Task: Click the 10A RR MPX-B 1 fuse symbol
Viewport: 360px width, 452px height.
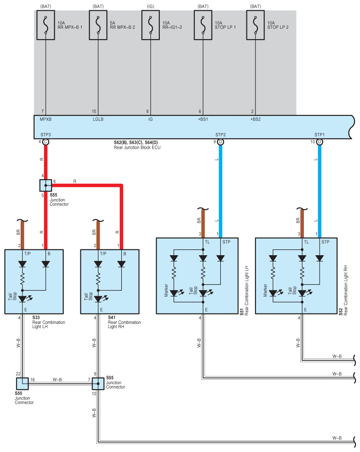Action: (x=45, y=25)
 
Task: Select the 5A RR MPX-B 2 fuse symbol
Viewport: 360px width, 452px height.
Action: (x=98, y=25)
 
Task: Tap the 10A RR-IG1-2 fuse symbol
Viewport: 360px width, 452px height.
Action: (x=150, y=25)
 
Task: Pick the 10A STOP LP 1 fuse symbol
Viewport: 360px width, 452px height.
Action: (x=203, y=25)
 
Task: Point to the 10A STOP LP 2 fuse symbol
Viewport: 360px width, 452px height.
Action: (x=255, y=25)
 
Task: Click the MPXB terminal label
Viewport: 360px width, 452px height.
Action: (x=45, y=120)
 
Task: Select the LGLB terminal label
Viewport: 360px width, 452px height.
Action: (x=98, y=120)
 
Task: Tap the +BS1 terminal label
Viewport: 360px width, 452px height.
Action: (x=203, y=120)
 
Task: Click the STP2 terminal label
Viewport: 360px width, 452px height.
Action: (x=220, y=135)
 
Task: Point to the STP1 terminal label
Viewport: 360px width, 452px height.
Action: (x=320, y=135)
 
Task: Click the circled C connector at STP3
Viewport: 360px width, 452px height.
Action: (x=45, y=142)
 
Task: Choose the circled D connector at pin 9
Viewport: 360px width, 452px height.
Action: (x=220, y=142)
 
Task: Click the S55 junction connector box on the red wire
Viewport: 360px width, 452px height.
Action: (x=45, y=186)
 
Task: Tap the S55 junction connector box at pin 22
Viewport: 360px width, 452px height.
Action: (x=22, y=384)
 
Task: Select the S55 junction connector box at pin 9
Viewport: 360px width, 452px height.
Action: (x=98, y=384)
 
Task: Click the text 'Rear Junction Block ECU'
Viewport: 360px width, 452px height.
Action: (x=137, y=147)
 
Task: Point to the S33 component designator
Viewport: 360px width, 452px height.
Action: (x=36, y=318)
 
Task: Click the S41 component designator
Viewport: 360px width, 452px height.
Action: (x=112, y=318)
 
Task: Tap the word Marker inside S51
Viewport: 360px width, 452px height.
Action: (x=166, y=290)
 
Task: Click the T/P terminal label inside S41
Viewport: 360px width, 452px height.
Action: (x=103, y=254)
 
